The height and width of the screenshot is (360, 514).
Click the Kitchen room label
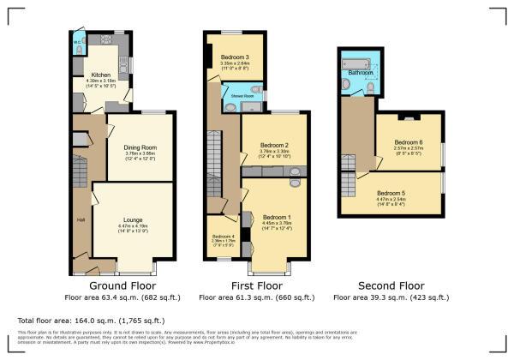[101, 75]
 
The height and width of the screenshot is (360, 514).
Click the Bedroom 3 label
[234, 57]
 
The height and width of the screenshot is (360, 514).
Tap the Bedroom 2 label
[273, 145]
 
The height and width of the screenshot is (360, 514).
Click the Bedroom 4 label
[223, 237]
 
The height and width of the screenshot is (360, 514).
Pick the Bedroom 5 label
[391, 193]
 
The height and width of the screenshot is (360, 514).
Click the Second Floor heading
[390, 285]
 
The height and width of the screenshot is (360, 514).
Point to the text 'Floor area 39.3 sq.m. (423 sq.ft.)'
[390, 297]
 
